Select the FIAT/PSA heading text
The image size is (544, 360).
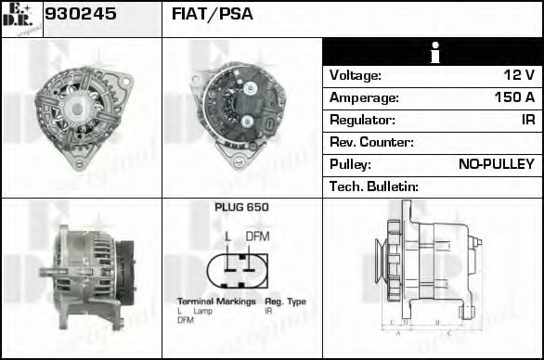coord(213,15)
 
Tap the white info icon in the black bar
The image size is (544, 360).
coord(432,52)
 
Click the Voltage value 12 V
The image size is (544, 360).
coord(516,75)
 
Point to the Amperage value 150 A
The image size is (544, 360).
coord(514,97)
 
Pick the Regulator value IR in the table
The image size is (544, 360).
coord(527,120)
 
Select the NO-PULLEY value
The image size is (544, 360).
coord(497,164)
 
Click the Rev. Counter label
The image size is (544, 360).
coord(371,142)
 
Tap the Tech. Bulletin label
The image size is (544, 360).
coord(374,186)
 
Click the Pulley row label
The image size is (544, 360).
coord(350,164)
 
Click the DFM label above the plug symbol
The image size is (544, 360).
coord(258,237)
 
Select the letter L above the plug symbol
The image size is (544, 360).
coord(227,237)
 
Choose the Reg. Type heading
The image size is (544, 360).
coord(285,302)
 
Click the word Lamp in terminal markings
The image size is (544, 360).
coord(202,311)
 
